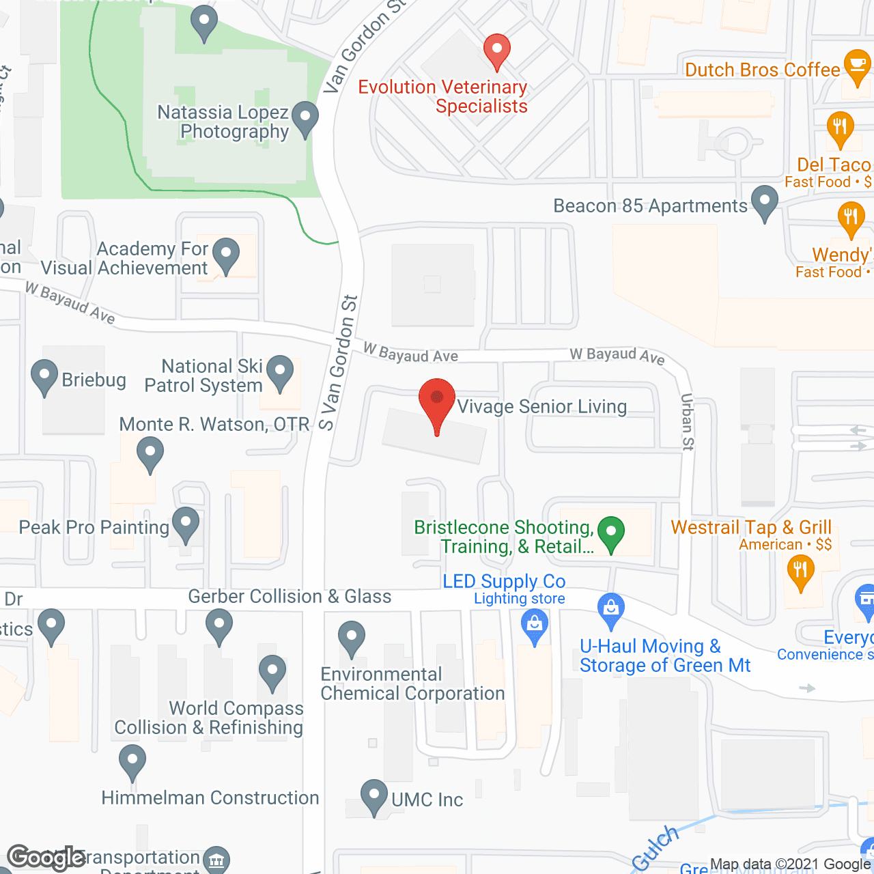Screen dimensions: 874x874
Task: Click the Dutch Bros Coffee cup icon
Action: [856, 66]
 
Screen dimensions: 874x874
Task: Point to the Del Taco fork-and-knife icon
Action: [840, 128]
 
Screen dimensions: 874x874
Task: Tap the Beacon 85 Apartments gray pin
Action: [765, 201]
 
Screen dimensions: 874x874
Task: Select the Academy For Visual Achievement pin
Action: [226, 254]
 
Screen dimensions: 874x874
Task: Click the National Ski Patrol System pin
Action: [279, 371]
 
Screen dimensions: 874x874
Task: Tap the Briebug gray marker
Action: [45, 376]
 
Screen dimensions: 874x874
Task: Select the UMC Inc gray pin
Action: [373, 795]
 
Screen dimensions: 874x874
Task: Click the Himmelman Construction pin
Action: [132, 761]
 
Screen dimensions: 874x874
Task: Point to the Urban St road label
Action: [687, 422]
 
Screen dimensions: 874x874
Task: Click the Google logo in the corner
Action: [46, 858]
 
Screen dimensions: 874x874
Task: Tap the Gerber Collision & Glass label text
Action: [290, 597]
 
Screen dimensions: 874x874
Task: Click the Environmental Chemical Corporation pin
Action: [352, 638]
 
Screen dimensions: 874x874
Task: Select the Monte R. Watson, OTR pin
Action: [150, 453]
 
